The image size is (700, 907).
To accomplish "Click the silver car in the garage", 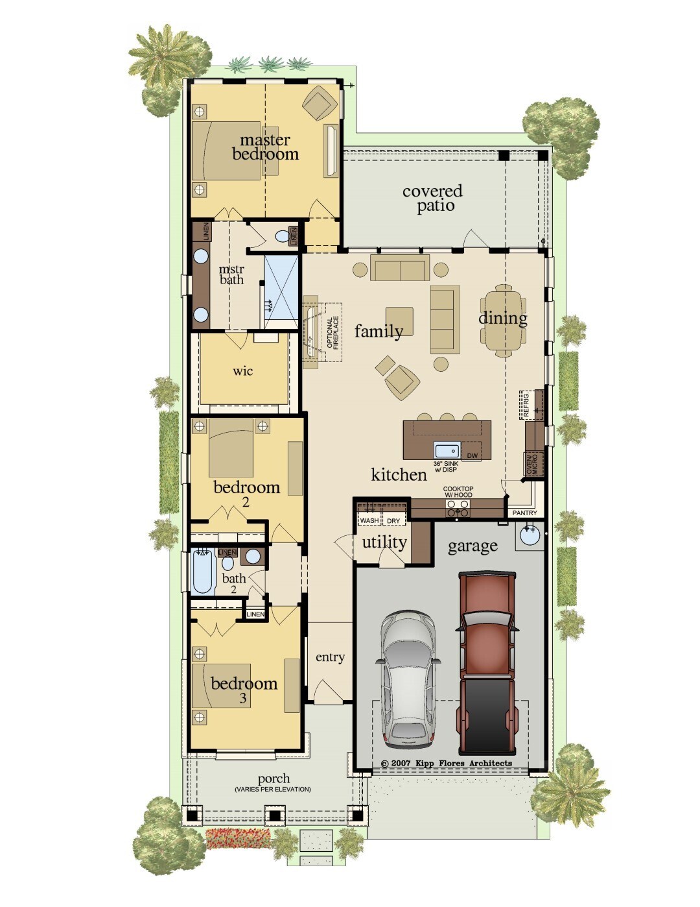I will click(407, 678).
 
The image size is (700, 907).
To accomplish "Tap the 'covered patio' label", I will click(433, 199).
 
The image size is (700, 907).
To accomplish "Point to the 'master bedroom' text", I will click(265, 147).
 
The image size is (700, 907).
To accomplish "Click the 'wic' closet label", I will click(243, 371).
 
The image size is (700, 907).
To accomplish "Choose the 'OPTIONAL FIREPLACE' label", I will click(332, 333).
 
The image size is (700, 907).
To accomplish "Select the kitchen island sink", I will click(447, 450).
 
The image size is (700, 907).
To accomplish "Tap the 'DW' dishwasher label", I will click(472, 456).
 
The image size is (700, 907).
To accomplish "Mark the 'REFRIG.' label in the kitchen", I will click(526, 404).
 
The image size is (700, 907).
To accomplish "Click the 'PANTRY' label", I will click(524, 513).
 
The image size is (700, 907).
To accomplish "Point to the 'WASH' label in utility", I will click(369, 520).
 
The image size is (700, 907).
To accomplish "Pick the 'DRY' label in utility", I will click(393, 520).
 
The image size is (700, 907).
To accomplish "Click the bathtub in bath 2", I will click(203, 572).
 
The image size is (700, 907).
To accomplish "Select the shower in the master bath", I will click(281, 289).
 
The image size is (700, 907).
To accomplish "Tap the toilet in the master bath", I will click(283, 236).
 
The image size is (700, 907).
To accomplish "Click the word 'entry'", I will click(330, 657).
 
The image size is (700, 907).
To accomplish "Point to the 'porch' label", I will click(274, 779).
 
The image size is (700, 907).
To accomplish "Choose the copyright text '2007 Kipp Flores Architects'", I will click(447, 763).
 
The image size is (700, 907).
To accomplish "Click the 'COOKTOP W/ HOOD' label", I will click(458, 492).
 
